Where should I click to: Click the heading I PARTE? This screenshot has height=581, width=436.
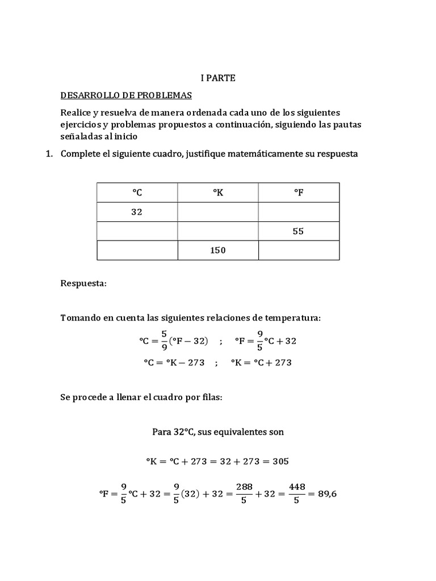tap(218, 78)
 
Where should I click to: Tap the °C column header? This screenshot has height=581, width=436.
tap(137, 193)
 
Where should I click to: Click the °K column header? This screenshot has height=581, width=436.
tap(218, 193)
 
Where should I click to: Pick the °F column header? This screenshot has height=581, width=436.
tap(299, 193)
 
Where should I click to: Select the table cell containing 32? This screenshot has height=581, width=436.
tap(137, 212)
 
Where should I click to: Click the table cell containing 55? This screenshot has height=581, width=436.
tap(299, 231)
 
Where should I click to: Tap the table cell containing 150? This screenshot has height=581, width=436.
tap(218, 250)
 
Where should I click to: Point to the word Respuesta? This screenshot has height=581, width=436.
tap(83, 283)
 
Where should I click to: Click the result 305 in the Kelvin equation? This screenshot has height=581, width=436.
tap(280, 461)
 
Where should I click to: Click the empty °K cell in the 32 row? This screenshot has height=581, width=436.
tap(218, 212)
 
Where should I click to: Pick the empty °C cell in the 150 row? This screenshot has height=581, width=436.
tap(137, 250)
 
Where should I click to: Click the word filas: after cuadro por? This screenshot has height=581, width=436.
tap(209, 398)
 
